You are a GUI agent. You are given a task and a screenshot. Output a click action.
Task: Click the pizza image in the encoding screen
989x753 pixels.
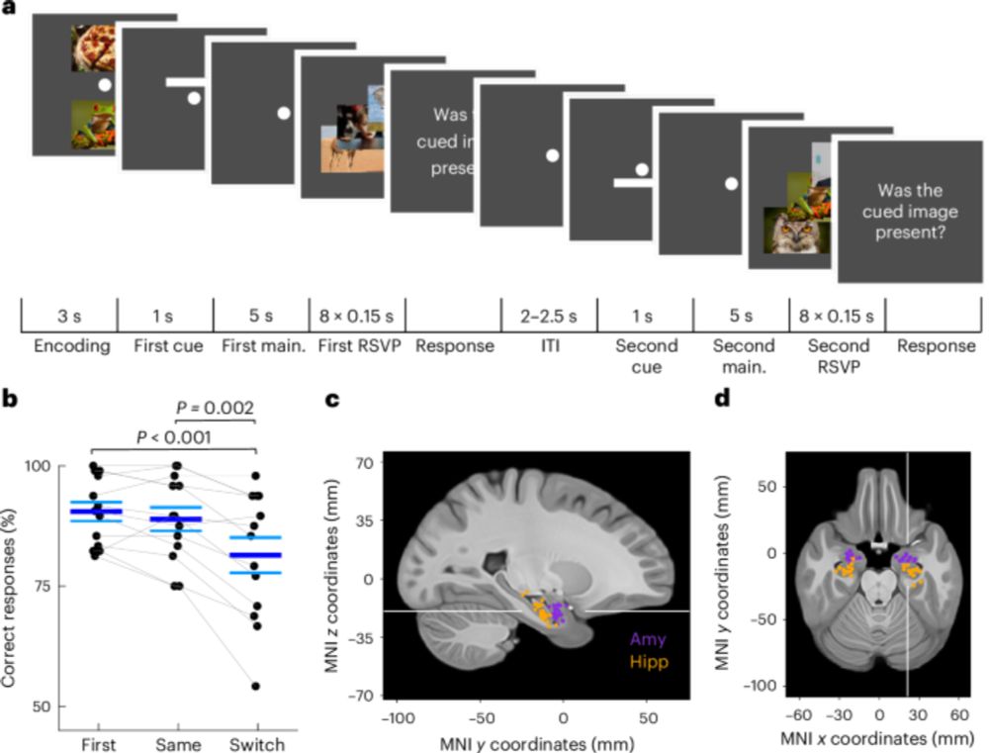(x=95, y=48)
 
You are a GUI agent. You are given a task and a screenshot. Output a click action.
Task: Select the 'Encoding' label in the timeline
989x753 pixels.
(x=67, y=346)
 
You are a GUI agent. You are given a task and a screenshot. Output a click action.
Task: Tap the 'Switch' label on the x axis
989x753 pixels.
(x=256, y=743)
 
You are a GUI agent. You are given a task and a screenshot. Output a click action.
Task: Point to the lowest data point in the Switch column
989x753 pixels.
(x=256, y=686)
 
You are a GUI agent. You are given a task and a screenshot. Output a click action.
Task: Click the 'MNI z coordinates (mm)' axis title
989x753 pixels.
(x=334, y=578)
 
